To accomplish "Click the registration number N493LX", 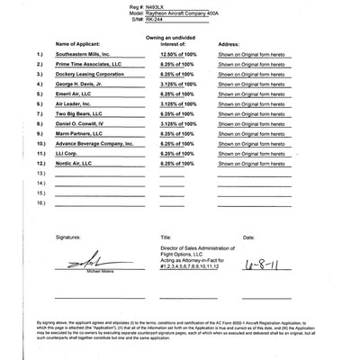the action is tap(183, 6).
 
